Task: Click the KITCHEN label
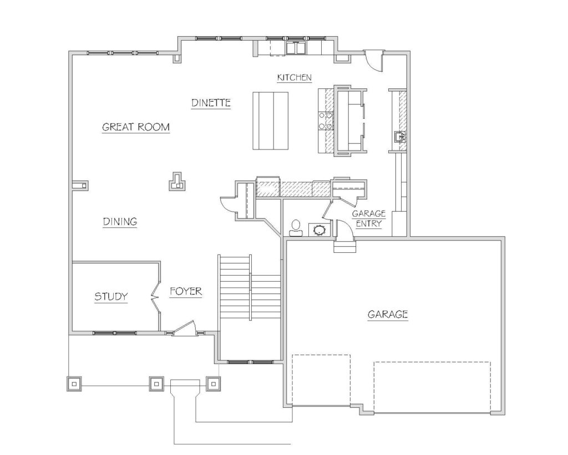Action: (x=294, y=77)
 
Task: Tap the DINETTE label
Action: (x=211, y=103)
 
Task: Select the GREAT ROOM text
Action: (x=136, y=127)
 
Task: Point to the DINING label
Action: (x=120, y=222)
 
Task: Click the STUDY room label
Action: (x=111, y=297)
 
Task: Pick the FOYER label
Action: (x=186, y=291)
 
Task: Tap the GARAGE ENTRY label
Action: (x=369, y=218)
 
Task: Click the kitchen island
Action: (x=271, y=121)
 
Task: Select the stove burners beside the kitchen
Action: (x=325, y=121)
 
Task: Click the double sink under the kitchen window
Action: (x=296, y=48)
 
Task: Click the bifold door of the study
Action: (x=156, y=297)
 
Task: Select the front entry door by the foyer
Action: (x=184, y=328)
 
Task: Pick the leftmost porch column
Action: (x=74, y=383)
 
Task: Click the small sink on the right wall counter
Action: (x=399, y=137)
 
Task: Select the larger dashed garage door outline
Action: (x=432, y=387)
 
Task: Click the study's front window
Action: (x=115, y=333)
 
